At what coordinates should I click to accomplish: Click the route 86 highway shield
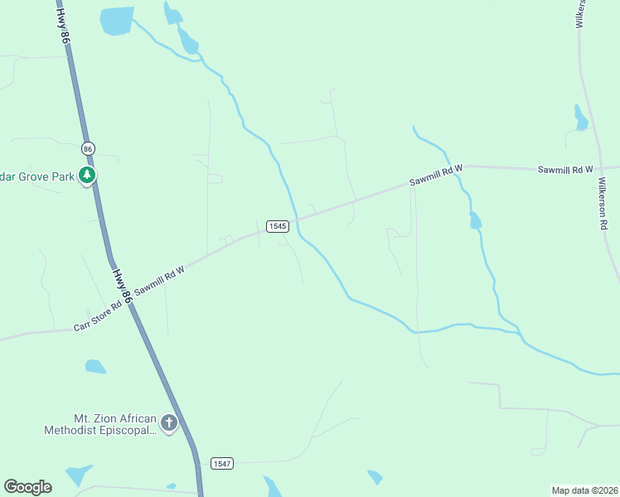tap(88, 148)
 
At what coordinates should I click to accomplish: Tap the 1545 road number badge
tap(277, 226)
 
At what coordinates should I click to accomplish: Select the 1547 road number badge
tap(221, 462)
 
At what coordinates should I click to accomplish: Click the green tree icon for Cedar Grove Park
tap(87, 175)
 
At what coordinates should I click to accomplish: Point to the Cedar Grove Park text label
tap(37, 176)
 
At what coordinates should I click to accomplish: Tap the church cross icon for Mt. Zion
tap(168, 424)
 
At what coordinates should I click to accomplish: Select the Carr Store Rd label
tap(98, 315)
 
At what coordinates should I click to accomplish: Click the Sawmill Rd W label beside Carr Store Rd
tap(158, 285)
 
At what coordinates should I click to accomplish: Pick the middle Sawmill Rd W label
tap(435, 176)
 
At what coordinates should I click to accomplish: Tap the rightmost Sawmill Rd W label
tap(565, 169)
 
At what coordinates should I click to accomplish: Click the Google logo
tap(27, 487)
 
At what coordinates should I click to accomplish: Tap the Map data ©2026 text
tap(584, 490)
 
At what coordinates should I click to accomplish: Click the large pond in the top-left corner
tap(117, 21)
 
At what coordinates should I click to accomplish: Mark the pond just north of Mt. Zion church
tap(95, 366)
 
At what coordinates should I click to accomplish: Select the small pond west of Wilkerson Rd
tap(581, 118)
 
